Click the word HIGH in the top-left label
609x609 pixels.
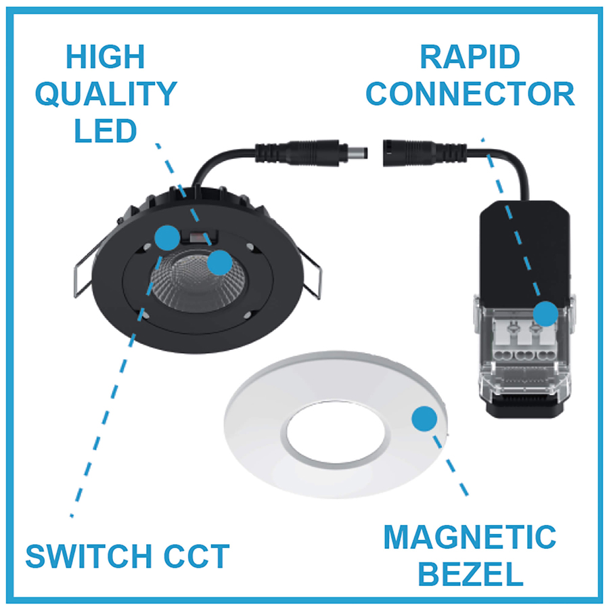pyautogui.click(x=105, y=57)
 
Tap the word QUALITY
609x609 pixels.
pyautogui.click(x=106, y=94)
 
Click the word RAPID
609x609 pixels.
pyautogui.click(x=470, y=57)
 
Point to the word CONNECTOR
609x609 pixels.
pyautogui.click(x=470, y=94)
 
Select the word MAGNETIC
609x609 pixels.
pyautogui.click(x=470, y=538)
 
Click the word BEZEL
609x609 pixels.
pyautogui.click(x=470, y=574)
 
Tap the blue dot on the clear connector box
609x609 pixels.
pyautogui.click(x=545, y=313)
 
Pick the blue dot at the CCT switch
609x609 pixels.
pyautogui.click(x=166, y=237)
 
